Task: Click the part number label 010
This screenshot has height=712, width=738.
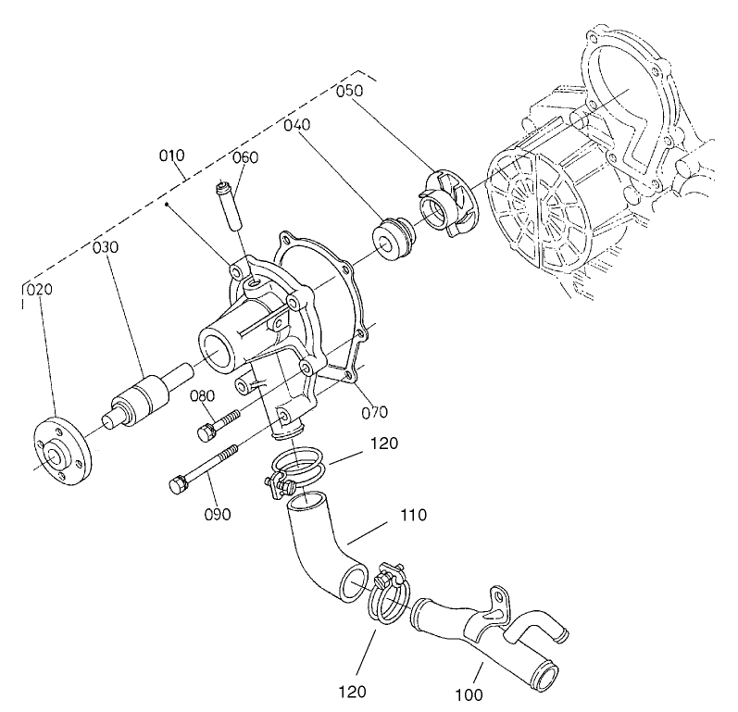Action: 171,155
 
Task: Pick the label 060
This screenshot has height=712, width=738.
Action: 245,157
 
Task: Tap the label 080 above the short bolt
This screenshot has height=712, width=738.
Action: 203,397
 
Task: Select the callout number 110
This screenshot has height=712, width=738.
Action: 413,514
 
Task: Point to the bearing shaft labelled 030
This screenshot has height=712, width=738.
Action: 144,399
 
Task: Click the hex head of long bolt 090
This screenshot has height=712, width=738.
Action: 179,483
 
